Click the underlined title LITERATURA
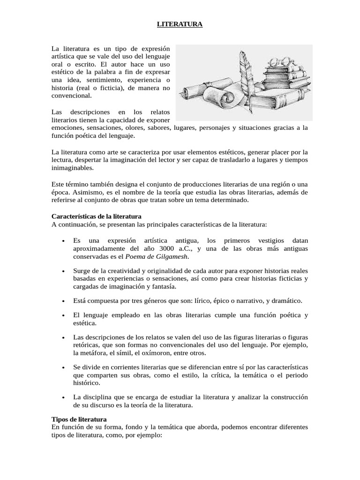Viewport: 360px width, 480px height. (180, 24)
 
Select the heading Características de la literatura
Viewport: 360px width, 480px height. (96, 217)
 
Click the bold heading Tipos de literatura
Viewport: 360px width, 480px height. (79, 419)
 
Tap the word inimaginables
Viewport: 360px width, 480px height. (72, 168)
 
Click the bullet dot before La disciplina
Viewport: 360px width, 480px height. (63, 397)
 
